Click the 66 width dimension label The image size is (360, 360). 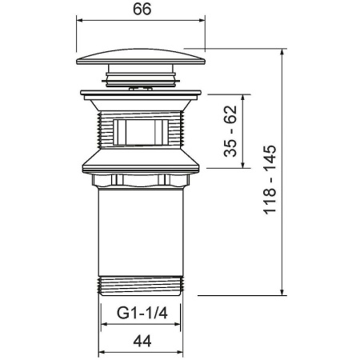click(142, 9)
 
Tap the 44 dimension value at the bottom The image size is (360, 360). click(142, 341)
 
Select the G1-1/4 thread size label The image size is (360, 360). click(142, 313)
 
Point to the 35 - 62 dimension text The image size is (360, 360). click(230, 131)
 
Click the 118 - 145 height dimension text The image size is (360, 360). click(270, 179)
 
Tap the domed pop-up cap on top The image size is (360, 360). click(141, 57)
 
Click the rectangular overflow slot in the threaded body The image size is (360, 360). click(141, 132)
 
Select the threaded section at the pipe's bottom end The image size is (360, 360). click(141, 286)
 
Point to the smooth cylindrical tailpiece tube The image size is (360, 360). click(141, 232)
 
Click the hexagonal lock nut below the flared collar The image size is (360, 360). click(141, 181)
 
